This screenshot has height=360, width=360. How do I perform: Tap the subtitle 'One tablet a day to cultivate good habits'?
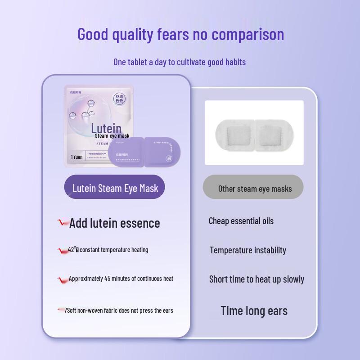pyautogui.click(x=180, y=62)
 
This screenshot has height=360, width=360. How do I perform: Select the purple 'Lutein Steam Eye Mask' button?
pyautogui.click(x=115, y=188)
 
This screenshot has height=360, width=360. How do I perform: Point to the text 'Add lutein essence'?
pyautogui.click(x=114, y=223)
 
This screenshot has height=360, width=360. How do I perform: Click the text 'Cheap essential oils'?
pyautogui.click(x=241, y=221)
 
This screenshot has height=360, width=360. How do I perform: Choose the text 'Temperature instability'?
pyautogui.click(x=247, y=250)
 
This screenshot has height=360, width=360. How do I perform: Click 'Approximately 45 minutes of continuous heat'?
pyautogui.click(x=121, y=279)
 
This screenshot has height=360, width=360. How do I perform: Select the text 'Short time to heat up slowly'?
pyautogui.click(x=256, y=279)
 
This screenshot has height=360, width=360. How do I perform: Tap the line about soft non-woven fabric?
pyautogui.click(x=119, y=310)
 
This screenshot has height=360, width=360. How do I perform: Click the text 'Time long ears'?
pyautogui.click(x=254, y=310)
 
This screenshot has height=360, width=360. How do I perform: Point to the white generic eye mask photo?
pyautogui.click(x=254, y=133)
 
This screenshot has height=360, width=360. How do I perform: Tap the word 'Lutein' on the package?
pyautogui.click(x=106, y=128)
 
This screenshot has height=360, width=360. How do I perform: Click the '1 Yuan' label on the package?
pyautogui.click(x=77, y=157)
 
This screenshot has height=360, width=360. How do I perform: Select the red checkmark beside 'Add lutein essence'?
pyautogui.click(x=63, y=222)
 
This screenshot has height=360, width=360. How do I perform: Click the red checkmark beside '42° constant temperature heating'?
pyautogui.click(x=63, y=250)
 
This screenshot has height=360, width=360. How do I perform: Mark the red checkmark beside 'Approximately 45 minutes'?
pyautogui.click(x=63, y=279)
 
